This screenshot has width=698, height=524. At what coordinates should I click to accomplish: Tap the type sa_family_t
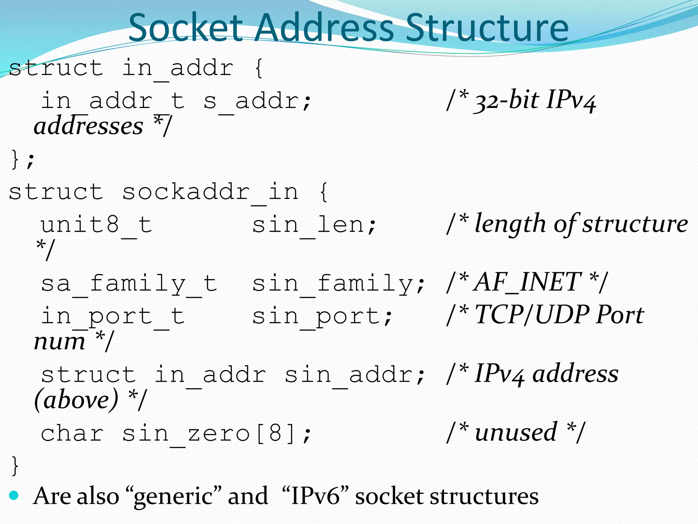coord(129,283)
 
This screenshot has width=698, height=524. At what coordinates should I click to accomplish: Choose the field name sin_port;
coord(322,316)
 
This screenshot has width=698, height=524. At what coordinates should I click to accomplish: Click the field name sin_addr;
coord(355,375)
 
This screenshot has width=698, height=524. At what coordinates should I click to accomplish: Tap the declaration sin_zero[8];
coord(217,434)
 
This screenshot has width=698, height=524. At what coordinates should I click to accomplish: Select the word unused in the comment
coord(516,432)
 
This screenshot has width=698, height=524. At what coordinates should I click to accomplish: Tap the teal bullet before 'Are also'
coord(14,495)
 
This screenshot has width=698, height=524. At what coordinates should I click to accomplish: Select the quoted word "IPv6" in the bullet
coord(315,496)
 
